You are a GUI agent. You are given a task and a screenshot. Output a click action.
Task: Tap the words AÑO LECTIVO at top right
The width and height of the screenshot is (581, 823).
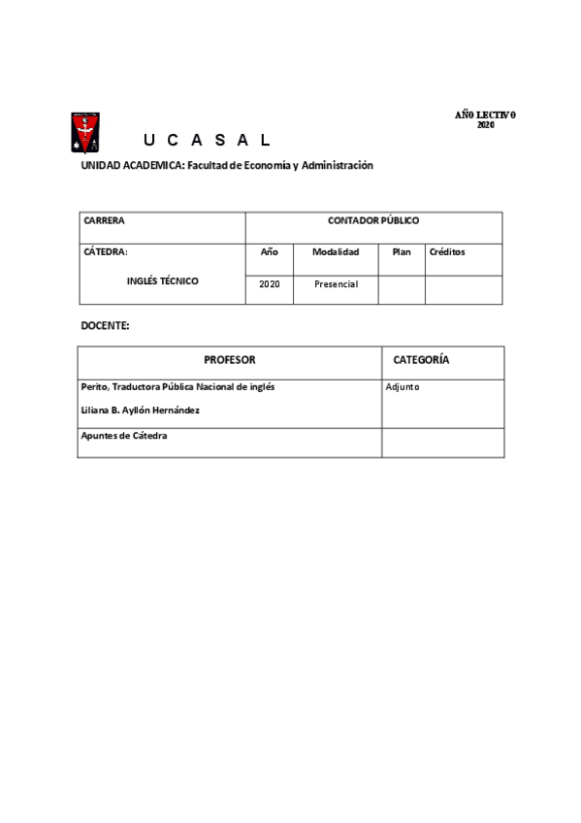click(x=485, y=115)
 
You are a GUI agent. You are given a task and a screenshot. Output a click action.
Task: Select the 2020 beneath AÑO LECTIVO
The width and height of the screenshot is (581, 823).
click(x=486, y=125)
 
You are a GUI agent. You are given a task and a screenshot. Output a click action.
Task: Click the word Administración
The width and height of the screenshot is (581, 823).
click(x=338, y=166)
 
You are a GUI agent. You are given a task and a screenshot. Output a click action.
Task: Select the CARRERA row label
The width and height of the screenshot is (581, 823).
click(x=105, y=221)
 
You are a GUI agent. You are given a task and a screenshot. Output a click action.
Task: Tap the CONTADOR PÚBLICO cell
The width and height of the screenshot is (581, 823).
click(x=373, y=221)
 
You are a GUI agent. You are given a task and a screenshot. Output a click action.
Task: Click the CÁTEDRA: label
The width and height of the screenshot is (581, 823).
click(x=106, y=251)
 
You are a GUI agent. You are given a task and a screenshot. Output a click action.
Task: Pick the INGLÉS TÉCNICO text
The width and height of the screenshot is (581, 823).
click(x=163, y=281)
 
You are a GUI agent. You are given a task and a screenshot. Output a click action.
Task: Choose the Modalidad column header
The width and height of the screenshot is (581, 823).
click(x=336, y=251)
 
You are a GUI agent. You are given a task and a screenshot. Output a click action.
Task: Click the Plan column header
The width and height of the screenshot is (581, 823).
click(x=402, y=251)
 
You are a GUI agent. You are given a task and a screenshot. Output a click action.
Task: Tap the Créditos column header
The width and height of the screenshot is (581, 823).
click(x=447, y=251)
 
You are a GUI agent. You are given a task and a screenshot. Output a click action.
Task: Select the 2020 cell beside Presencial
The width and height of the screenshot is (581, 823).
click(x=270, y=284)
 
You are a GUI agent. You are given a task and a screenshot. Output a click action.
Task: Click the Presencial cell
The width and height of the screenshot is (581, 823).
click(x=336, y=284)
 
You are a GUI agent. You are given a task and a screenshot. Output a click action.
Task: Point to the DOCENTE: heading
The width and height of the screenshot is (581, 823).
click(x=105, y=326)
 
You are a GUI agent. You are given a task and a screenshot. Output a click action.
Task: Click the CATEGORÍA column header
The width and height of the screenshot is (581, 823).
click(x=421, y=360)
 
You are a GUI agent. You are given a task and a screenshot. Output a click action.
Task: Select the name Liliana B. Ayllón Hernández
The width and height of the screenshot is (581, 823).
click(x=142, y=411)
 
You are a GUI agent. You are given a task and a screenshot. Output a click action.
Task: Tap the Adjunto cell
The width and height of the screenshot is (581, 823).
click(x=403, y=387)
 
